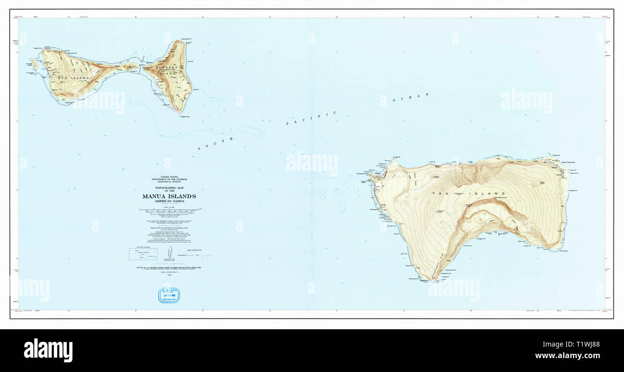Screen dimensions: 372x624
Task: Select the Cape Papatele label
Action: click(x=569, y=162)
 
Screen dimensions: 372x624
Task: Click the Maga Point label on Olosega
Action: click(x=184, y=116)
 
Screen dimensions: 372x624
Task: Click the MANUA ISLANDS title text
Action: click(x=169, y=196)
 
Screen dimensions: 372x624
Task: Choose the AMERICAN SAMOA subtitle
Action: click(x=169, y=201)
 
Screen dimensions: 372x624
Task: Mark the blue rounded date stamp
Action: click(x=169, y=295)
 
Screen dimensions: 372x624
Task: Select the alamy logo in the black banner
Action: click(x=48, y=350)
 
